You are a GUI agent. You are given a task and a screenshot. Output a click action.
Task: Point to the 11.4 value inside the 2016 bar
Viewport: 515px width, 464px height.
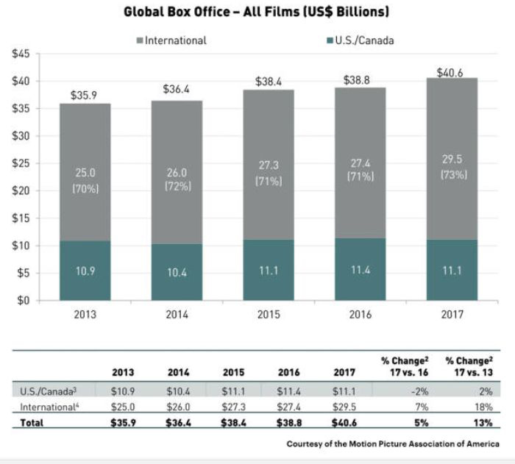coord(360,271)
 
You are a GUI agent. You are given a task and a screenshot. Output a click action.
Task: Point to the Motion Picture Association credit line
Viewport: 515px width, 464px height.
coord(391,443)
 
